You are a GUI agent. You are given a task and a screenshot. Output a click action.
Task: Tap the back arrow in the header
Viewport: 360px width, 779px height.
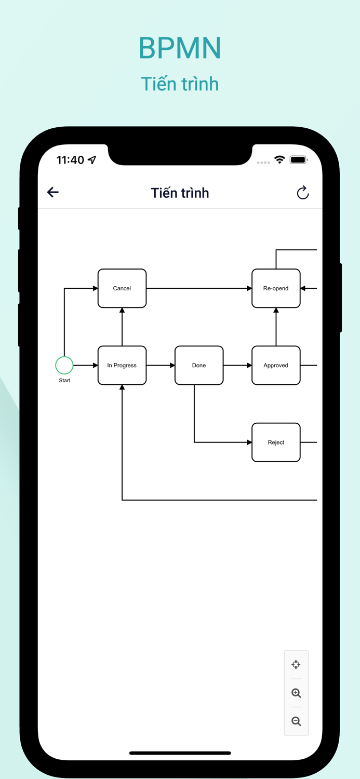pyautogui.click(x=53, y=193)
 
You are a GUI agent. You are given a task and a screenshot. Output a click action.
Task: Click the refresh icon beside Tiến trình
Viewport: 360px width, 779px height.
pyautogui.click(x=303, y=193)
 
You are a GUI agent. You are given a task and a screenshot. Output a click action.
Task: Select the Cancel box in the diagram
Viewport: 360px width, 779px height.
pyautogui.click(x=122, y=288)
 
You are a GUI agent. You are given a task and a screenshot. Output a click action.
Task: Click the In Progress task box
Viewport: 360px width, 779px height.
pyautogui.click(x=122, y=366)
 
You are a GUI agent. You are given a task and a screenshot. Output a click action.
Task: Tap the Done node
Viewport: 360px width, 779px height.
pyautogui.click(x=199, y=366)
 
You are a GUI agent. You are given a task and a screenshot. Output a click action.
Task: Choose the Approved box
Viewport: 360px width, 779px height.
pyautogui.click(x=276, y=366)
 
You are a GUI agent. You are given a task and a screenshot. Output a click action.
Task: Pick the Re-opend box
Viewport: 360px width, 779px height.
pyautogui.click(x=276, y=288)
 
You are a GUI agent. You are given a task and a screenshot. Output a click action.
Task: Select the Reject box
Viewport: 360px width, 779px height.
pyautogui.click(x=276, y=442)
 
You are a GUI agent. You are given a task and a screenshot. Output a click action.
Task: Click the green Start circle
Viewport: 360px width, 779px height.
pyautogui.click(x=64, y=365)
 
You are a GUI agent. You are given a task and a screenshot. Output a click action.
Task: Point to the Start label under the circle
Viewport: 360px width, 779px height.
pyautogui.click(x=64, y=381)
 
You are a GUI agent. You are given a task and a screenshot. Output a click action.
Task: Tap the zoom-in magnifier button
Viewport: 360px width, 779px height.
pyautogui.click(x=296, y=693)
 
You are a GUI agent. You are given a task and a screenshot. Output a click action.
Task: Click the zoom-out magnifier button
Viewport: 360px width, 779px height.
pyautogui.click(x=296, y=721)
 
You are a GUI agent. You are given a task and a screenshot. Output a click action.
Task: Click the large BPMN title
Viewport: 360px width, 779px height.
pyautogui.click(x=180, y=48)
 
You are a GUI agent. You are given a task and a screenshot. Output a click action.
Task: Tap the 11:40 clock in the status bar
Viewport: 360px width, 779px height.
pyautogui.click(x=70, y=160)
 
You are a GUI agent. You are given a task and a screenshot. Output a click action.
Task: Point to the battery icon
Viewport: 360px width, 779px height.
pyautogui.click(x=299, y=160)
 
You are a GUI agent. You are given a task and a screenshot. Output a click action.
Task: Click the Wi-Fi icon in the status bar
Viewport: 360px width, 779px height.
pyautogui.click(x=280, y=160)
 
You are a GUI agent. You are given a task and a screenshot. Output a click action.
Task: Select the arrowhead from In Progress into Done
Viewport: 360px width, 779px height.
pyautogui.click(x=172, y=366)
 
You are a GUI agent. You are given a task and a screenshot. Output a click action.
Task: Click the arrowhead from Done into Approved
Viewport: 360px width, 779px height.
pyautogui.click(x=249, y=366)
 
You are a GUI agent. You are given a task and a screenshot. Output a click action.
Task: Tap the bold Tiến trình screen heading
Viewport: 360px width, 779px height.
pyautogui.click(x=180, y=193)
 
